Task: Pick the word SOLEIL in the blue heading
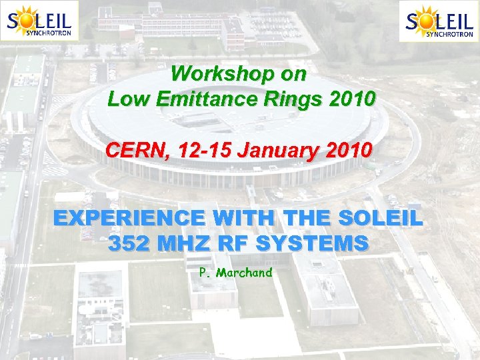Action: point(381,218)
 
